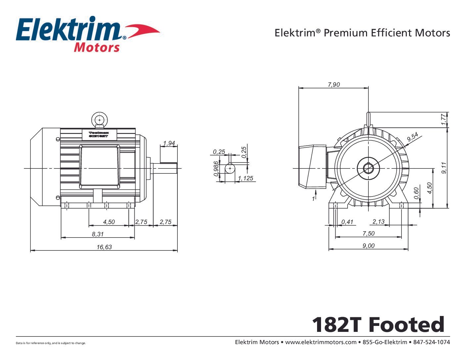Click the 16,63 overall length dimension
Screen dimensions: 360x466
(104, 247)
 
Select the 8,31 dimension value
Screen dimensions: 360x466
(98, 234)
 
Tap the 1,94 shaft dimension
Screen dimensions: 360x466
(169, 143)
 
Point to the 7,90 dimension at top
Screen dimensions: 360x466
(334, 84)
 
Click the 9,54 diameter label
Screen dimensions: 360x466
(412, 137)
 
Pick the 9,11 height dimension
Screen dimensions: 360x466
(444, 167)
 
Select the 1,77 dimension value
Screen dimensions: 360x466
(444, 119)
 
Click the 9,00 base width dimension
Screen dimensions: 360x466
(368, 246)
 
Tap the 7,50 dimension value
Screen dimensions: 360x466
(368, 233)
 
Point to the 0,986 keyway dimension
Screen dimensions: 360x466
(216, 168)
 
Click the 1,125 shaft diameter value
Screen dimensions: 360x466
(245, 178)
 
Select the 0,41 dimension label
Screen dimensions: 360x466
(347, 222)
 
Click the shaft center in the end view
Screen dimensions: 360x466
(368, 168)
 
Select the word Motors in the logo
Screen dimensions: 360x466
(96, 47)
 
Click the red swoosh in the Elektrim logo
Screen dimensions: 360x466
(142, 31)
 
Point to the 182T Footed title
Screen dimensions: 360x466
(378, 325)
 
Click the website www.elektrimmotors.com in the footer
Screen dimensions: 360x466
(320, 342)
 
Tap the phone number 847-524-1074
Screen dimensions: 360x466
(432, 342)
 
